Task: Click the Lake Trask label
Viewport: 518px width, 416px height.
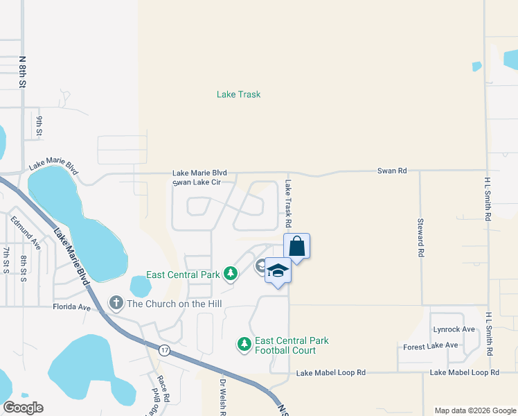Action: coord(238,94)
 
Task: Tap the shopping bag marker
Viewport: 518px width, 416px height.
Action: coord(296,247)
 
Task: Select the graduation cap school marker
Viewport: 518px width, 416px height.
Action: coord(277,270)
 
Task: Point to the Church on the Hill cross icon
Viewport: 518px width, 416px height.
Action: coord(116,302)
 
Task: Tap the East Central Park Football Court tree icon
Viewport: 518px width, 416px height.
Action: coord(244,344)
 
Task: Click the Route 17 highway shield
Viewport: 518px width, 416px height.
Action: coord(164,349)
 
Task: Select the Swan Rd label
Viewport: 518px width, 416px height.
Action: coord(391,171)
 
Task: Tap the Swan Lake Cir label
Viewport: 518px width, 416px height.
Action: coord(197,182)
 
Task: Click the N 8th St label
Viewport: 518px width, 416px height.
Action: coord(22,71)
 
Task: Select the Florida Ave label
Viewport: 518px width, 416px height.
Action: coord(72,306)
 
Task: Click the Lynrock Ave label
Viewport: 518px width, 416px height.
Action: coord(454,329)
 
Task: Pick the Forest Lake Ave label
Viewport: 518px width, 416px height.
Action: coord(430,345)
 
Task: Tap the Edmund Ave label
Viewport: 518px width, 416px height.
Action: coord(26,232)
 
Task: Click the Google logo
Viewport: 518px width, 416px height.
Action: coord(23,408)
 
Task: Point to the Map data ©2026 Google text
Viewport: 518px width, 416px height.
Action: coord(474,410)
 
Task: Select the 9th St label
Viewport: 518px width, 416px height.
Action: coord(39,125)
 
